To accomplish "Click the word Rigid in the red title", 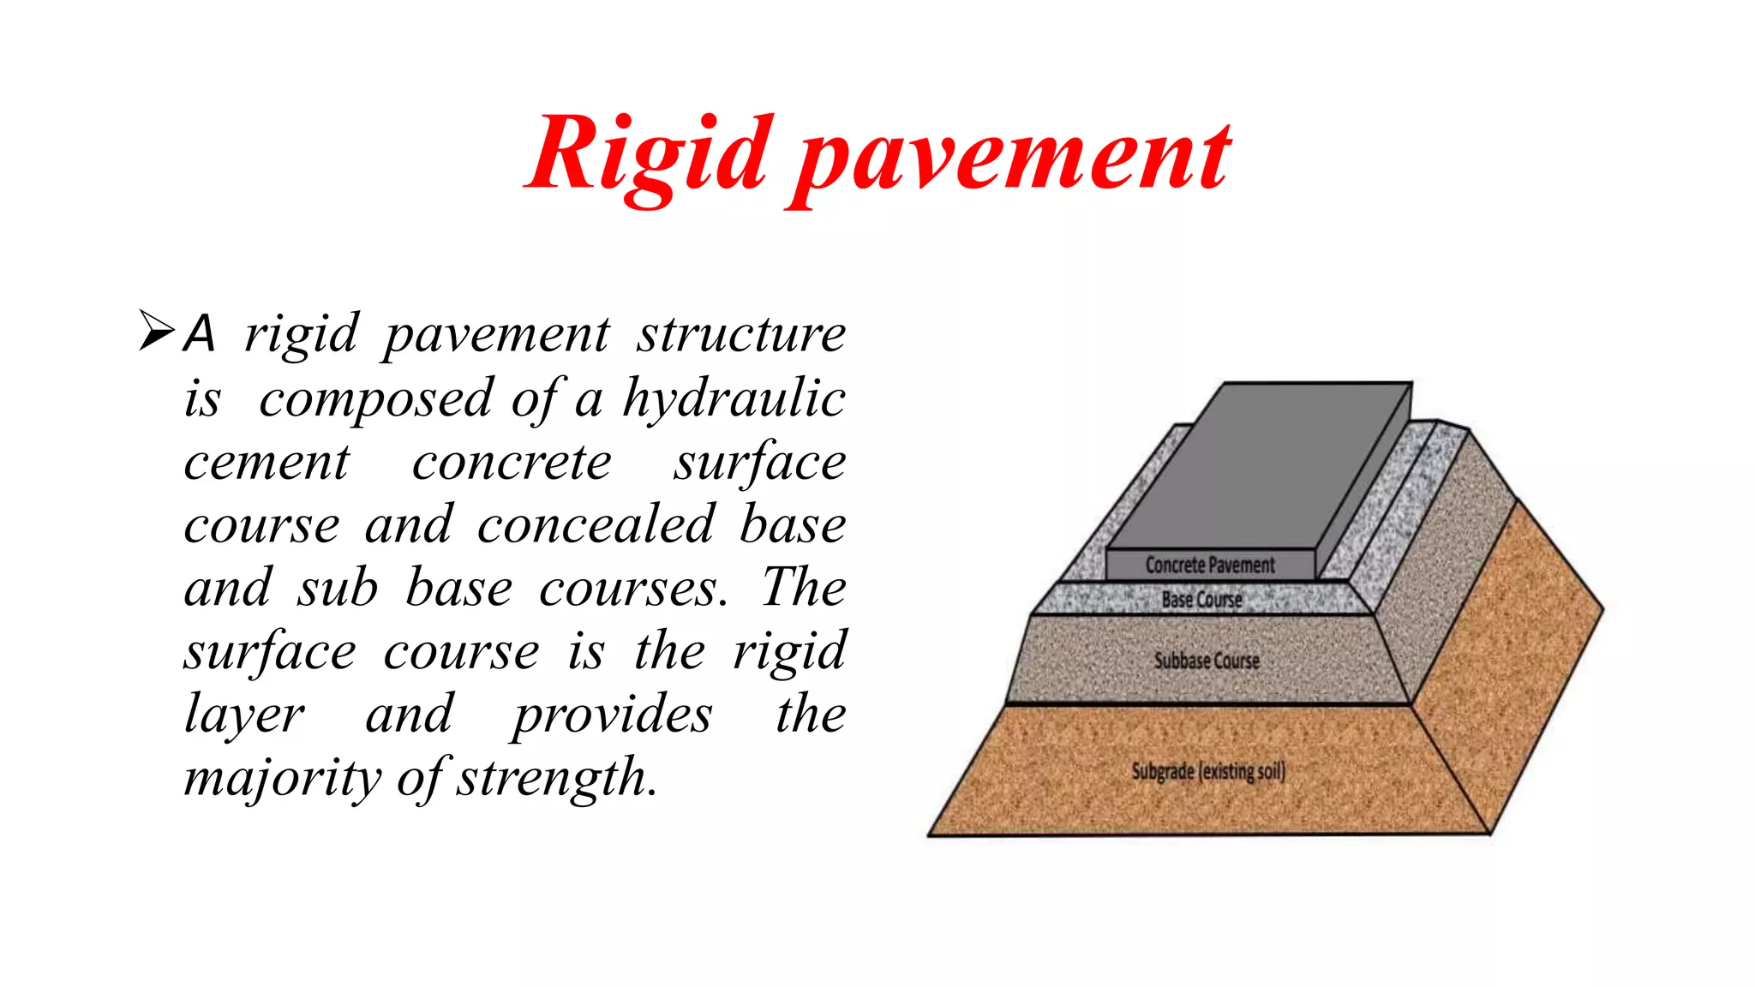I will (x=647, y=157).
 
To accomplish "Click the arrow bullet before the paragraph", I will (x=156, y=332).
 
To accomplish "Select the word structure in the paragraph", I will (x=740, y=333).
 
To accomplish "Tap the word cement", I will (x=267, y=463).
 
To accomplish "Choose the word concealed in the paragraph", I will (x=595, y=524).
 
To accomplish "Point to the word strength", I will (x=557, y=777).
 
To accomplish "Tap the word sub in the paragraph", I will (x=338, y=589).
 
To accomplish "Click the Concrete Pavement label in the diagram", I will (x=1210, y=565).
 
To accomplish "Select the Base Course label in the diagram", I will (x=1201, y=600).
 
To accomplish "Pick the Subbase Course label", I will (x=1207, y=661).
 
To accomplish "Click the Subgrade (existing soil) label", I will (x=1208, y=771).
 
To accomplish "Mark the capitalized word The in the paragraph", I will (x=804, y=588).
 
